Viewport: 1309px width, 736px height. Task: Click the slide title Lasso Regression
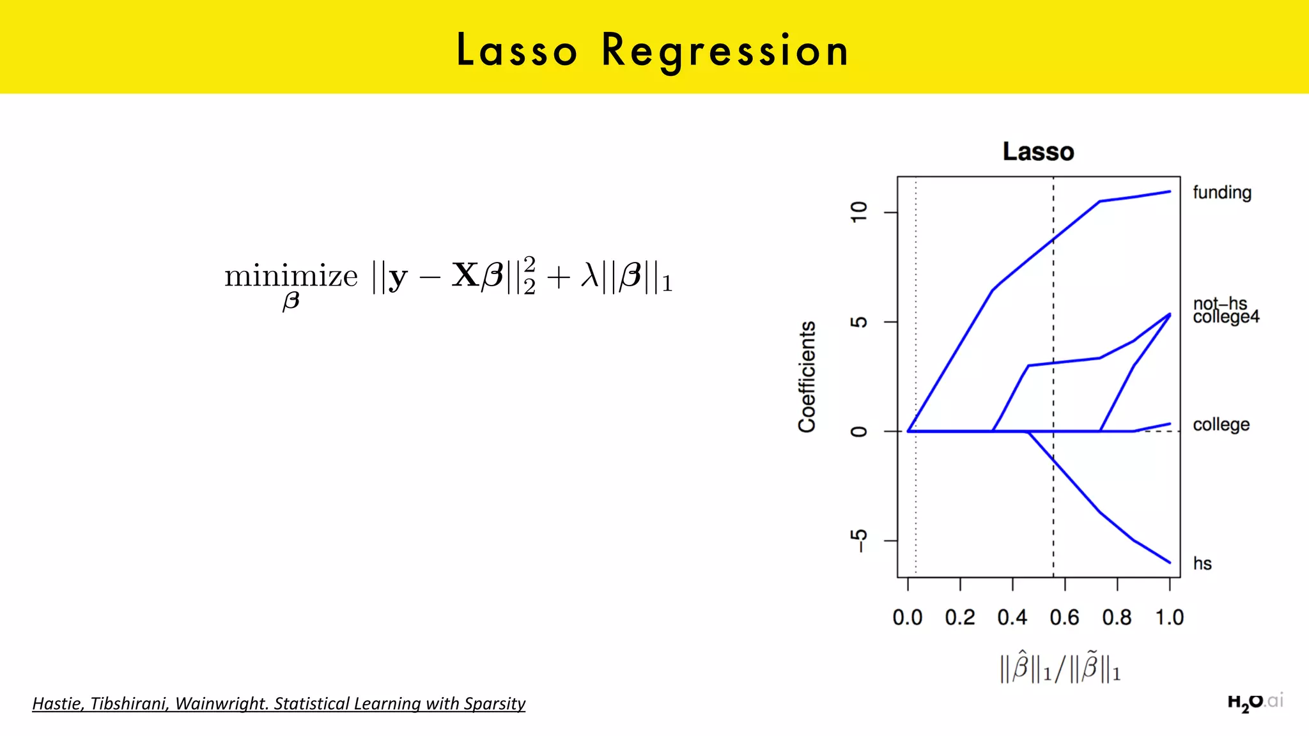653,50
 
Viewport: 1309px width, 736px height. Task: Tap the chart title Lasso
1038,152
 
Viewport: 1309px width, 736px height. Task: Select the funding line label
1221,192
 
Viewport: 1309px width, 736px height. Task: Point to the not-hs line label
1220,303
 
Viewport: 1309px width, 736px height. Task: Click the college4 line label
1226,318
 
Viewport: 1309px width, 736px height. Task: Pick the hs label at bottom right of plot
1202,563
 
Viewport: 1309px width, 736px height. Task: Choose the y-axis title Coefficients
807,377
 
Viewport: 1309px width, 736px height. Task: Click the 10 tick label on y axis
860,211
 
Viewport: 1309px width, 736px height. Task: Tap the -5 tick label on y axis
860,540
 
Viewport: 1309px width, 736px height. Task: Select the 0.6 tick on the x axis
1064,618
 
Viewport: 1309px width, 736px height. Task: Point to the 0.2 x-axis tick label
960,618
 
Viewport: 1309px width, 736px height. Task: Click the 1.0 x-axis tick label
1169,618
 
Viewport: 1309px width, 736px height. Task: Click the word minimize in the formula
291,277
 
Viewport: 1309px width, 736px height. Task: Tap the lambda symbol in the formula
589,276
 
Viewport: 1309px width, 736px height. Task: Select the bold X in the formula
465,275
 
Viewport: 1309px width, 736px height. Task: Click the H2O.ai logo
1255,702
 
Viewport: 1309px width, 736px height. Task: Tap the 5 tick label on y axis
860,321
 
